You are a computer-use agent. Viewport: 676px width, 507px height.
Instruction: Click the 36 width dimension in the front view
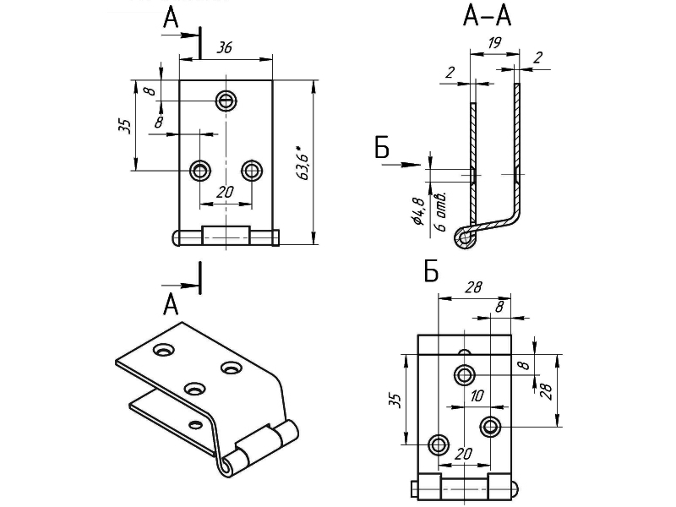225,48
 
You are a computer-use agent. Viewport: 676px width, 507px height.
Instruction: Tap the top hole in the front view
226,101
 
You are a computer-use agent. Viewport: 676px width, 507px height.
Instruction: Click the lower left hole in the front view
200,171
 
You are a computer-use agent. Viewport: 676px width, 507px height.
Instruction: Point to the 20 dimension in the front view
224,193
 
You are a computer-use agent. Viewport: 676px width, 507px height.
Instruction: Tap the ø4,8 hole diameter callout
418,210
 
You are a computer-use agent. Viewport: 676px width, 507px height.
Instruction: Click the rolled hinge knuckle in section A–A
464,237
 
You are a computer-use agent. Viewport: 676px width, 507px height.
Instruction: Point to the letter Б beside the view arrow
383,150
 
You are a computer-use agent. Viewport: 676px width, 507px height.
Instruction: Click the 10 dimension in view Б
477,395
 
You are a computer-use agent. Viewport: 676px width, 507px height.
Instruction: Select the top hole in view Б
464,374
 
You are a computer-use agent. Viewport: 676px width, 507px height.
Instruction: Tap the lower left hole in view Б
439,444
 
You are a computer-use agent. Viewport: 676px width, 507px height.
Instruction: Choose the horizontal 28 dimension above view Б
473,286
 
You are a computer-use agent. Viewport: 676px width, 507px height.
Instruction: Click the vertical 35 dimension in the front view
123,125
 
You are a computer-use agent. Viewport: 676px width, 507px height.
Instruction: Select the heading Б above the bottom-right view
431,271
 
